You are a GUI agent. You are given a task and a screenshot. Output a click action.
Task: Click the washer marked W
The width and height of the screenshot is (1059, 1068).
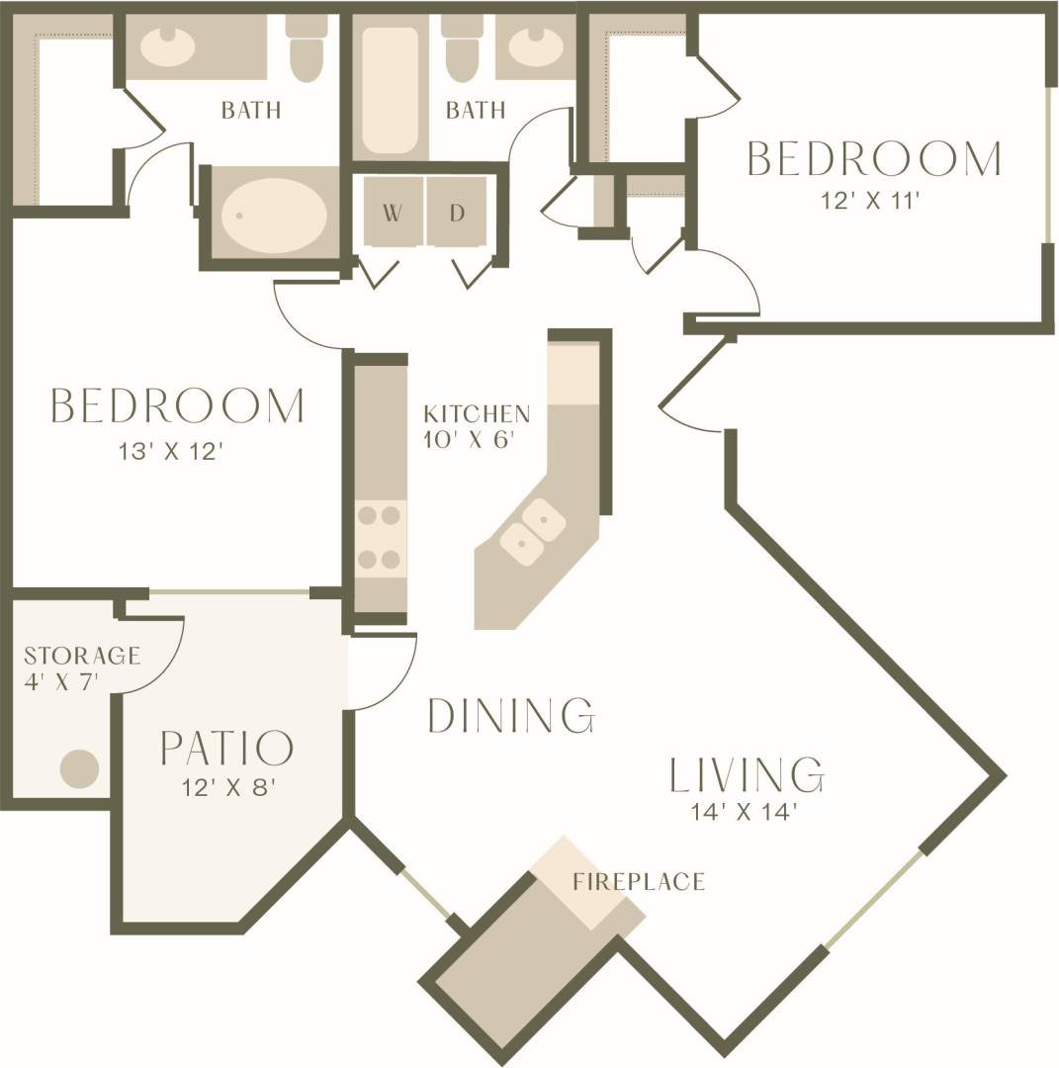(393, 212)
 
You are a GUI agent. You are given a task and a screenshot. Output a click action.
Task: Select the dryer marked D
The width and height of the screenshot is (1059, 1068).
(457, 212)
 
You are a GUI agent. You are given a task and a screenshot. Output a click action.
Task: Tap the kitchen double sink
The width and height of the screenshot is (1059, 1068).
(532, 531)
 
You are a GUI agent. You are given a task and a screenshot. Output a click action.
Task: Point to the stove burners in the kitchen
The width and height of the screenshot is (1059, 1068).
(380, 537)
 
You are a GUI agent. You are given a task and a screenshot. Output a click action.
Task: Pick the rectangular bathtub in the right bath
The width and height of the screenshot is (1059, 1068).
(391, 90)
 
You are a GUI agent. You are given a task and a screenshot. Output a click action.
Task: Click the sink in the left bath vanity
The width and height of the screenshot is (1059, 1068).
(165, 45)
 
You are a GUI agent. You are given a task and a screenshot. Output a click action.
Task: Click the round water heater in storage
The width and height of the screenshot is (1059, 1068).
(80, 768)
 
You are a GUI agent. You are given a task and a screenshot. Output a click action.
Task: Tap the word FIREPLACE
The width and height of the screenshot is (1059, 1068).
(639, 881)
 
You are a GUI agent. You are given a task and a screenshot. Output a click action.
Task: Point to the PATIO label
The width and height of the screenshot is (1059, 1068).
(226, 749)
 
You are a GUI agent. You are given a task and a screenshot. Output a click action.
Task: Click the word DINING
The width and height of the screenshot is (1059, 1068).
(510, 715)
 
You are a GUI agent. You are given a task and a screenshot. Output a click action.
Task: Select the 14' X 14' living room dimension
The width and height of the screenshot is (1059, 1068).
(746, 813)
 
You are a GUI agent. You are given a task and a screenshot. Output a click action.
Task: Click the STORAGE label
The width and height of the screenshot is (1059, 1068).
(82, 656)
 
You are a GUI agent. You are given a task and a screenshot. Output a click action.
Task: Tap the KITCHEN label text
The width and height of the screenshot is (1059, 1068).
(477, 413)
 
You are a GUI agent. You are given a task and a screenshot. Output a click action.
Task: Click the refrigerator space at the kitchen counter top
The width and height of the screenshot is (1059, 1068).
(574, 374)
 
